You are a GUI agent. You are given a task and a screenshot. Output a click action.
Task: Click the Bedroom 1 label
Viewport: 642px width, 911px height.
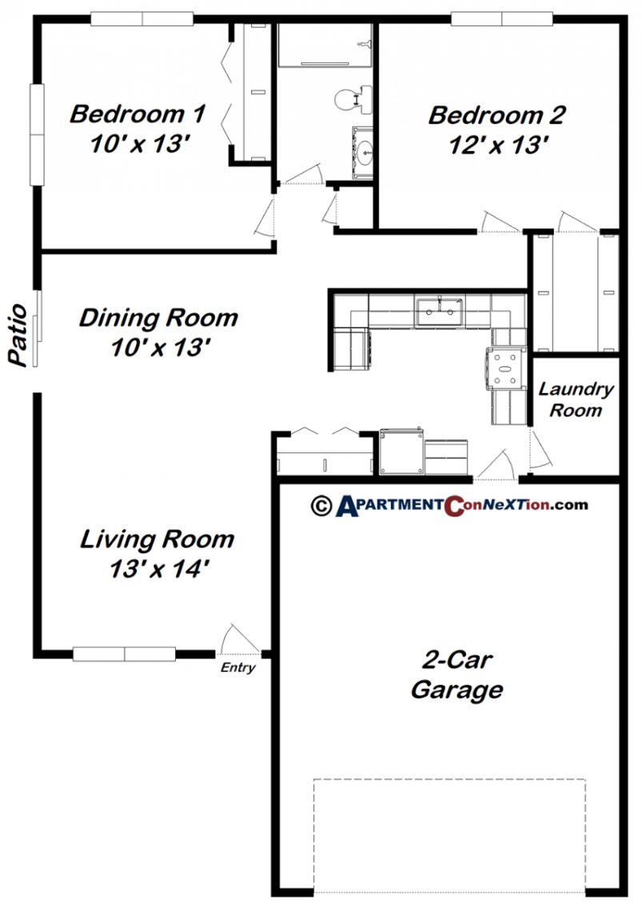tap(138, 113)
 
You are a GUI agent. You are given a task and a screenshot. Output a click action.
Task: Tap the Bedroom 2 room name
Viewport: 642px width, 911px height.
tap(496, 115)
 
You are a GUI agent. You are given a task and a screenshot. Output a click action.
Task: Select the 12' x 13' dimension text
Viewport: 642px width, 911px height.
tap(496, 145)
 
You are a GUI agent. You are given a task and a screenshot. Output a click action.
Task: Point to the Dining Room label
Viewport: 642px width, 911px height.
tap(158, 318)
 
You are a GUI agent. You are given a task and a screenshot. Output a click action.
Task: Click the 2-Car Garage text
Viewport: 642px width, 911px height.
tap(457, 675)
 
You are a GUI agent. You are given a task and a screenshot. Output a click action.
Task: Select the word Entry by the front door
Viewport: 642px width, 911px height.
tap(238, 668)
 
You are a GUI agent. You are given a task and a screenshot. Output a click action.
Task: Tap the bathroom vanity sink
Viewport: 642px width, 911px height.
tap(364, 148)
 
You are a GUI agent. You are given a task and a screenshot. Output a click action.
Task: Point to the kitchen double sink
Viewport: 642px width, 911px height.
tap(439, 309)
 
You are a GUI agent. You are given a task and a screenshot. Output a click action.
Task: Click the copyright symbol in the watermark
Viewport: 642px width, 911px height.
tap(321, 505)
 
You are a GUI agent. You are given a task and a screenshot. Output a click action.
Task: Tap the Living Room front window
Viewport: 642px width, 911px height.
tap(124, 654)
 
